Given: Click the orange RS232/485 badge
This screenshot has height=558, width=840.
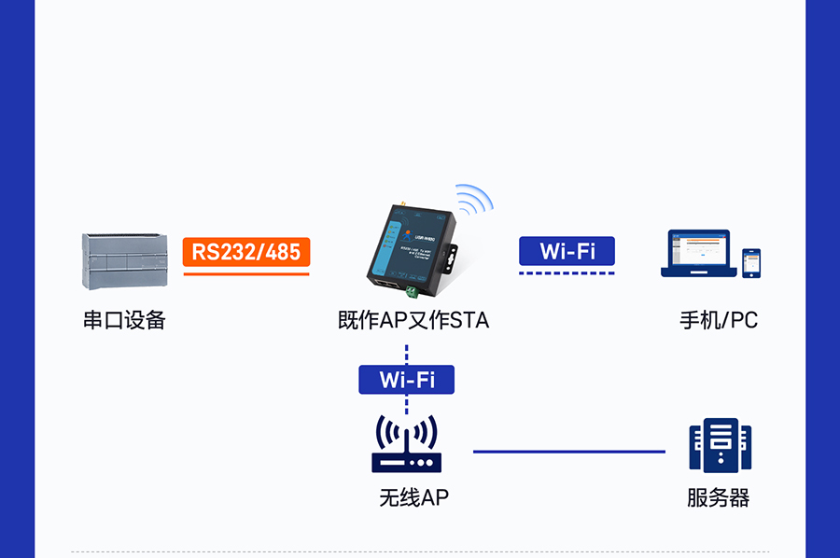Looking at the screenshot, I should (x=246, y=251).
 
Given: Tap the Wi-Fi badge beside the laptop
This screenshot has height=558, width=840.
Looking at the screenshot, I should (x=567, y=251).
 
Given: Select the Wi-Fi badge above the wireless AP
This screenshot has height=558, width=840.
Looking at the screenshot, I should (x=406, y=379).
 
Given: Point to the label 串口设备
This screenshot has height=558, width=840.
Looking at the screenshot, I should (x=124, y=320).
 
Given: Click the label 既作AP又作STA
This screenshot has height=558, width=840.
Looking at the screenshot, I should (x=413, y=320).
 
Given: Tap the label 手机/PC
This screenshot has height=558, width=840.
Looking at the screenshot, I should (x=718, y=320).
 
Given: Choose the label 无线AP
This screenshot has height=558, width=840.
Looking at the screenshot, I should (x=413, y=497).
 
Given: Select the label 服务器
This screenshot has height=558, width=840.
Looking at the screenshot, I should (x=718, y=497).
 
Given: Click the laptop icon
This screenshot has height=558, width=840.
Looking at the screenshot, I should (x=697, y=254).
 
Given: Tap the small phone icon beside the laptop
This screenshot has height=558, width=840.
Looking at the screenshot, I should (x=751, y=263).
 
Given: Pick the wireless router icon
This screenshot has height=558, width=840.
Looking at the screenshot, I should (x=406, y=446).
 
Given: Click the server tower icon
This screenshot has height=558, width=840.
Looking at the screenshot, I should (x=720, y=446).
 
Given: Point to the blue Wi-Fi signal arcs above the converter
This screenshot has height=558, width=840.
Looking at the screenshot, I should (x=475, y=199).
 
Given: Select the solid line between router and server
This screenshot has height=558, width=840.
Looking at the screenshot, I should (x=569, y=452).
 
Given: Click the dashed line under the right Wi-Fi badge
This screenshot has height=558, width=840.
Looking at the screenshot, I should (x=567, y=273).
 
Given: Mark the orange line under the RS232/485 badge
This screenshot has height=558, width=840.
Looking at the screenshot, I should (x=246, y=273).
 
